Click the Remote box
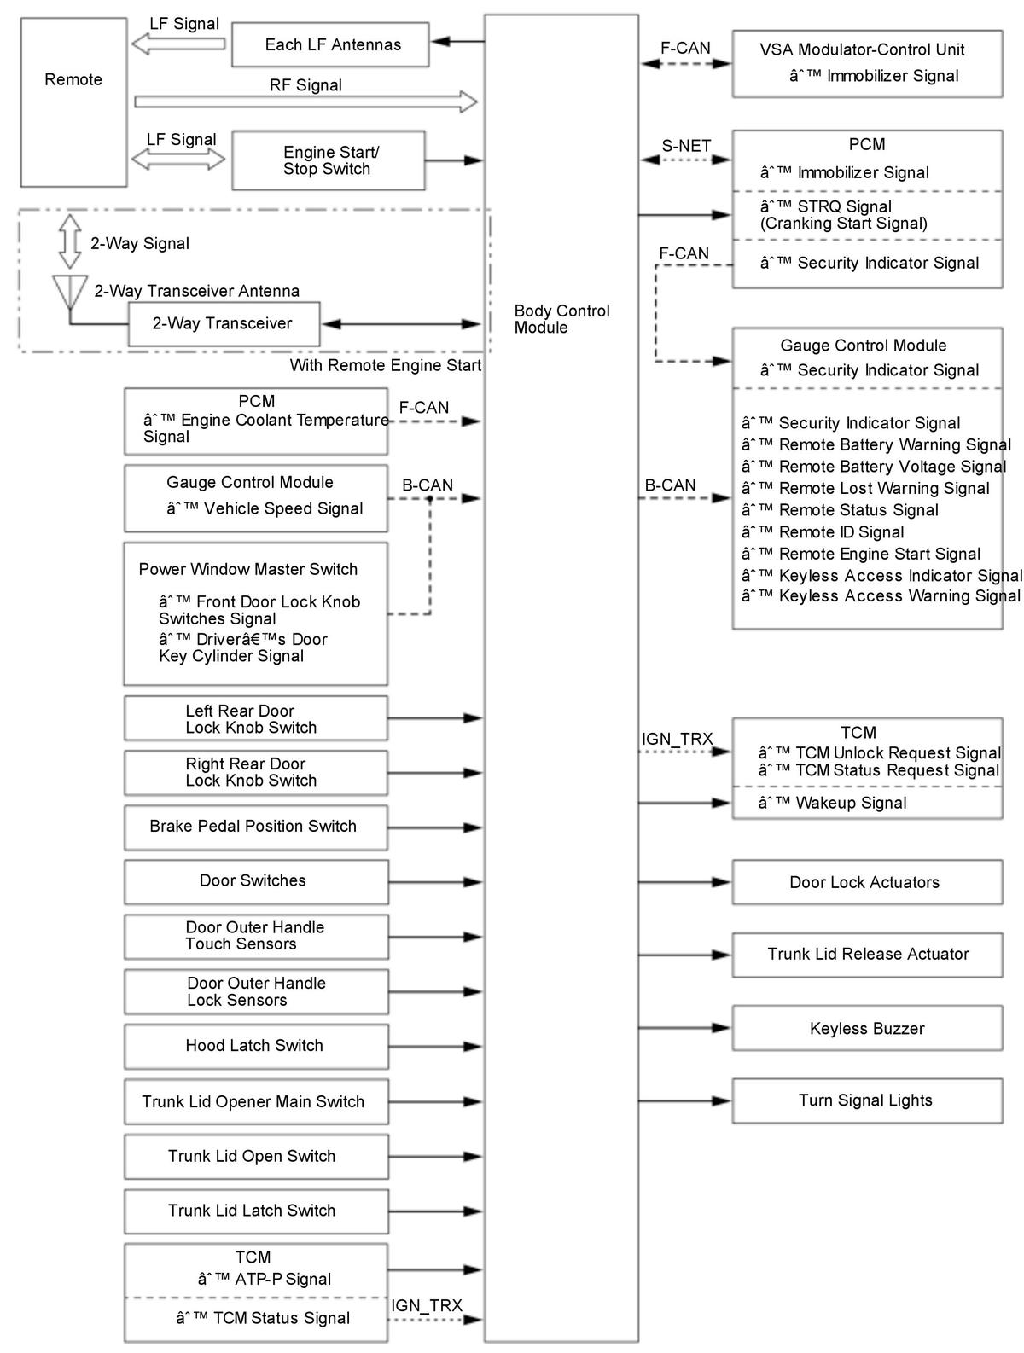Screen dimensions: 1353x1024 73,102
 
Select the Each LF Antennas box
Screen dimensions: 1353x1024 330,45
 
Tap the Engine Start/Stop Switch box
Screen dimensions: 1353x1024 328,160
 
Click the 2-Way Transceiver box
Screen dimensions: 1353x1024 224,323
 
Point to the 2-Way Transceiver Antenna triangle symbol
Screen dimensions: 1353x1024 69,291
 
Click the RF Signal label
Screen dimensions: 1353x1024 305,85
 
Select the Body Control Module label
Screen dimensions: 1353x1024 561,319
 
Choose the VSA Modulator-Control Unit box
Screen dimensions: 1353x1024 867,63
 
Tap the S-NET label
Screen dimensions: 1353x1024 686,146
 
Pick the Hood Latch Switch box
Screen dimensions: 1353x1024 255,1046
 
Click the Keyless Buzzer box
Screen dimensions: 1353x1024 867,1029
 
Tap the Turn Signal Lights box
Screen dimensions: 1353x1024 867,1100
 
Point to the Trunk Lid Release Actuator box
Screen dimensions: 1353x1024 867,954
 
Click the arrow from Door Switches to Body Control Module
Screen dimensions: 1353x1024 435,882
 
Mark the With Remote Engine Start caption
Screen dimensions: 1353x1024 386,366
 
